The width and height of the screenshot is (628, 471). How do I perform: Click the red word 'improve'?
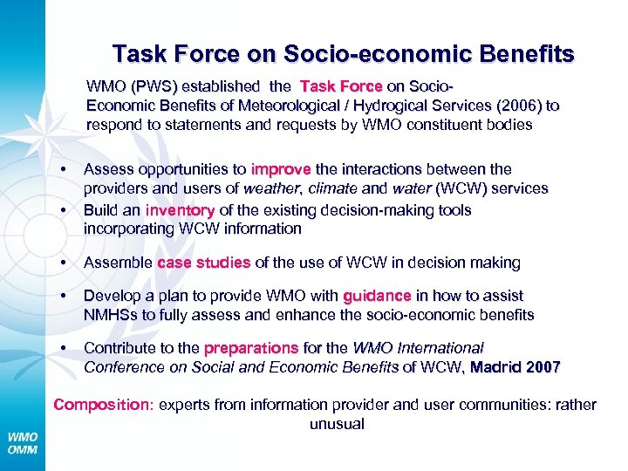pos(275,169)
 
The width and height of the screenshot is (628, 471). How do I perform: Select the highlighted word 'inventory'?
pos(180,210)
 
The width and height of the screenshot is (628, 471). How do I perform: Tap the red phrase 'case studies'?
pos(204,263)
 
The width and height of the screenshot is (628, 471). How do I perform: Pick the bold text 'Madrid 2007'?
pos(515,367)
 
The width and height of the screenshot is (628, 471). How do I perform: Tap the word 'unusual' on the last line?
pos(336,424)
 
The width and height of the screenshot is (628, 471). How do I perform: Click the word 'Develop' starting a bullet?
pos(111,297)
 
